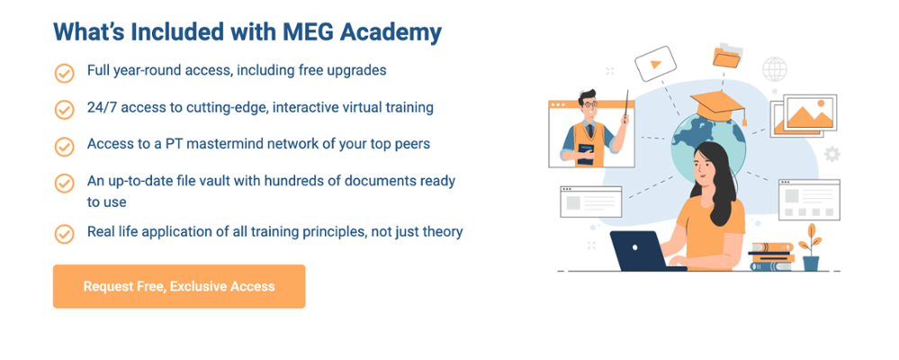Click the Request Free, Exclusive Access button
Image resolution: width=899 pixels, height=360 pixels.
point(179,286)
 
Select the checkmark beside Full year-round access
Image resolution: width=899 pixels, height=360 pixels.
point(65,73)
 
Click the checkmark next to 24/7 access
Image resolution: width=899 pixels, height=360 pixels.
point(65,110)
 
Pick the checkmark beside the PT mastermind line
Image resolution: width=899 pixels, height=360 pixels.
point(65,146)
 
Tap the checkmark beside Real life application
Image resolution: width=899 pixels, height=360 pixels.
point(65,234)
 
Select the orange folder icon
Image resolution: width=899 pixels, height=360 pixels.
point(725,56)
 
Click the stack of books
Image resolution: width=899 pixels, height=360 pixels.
point(771,256)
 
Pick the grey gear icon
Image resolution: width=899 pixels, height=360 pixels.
point(832,154)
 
